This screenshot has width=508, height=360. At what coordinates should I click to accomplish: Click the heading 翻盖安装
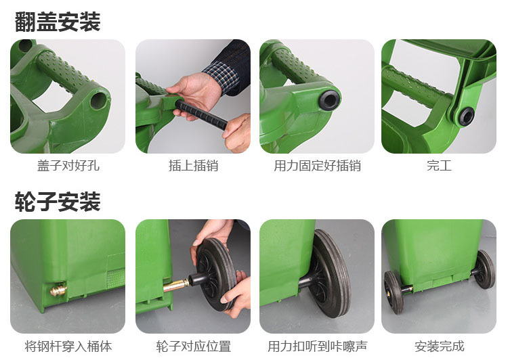click(58, 22)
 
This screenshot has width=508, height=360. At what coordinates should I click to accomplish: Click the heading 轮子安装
click(58, 202)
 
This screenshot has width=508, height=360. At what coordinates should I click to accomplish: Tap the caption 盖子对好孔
click(68, 165)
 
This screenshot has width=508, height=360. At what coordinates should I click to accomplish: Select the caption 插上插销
click(194, 165)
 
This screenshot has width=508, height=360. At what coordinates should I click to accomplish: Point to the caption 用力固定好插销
click(317, 165)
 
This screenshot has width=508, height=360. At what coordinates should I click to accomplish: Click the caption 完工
click(439, 165)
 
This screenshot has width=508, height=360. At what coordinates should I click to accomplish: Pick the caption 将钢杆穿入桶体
click(68, 346)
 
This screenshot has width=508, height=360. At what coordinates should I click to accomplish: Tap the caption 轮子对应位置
click(194, 346)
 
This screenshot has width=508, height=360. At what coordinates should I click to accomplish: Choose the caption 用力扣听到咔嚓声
click(317, 346)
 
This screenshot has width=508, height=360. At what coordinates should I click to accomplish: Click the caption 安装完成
click(440, 346)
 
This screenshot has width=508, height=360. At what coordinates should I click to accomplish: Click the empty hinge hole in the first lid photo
click(98, 101)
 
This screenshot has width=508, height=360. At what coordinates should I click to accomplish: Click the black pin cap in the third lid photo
click(329, 100)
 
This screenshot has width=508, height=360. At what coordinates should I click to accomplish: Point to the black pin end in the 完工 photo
click(466, 116)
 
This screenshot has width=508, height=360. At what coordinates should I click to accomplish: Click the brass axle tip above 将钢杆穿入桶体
click(59, 290)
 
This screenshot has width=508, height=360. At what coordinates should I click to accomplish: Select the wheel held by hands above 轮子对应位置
click(216, 274)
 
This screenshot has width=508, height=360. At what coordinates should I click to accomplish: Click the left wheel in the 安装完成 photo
click(394, 292)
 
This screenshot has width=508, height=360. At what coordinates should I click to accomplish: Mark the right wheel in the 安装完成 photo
click(484, 269)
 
